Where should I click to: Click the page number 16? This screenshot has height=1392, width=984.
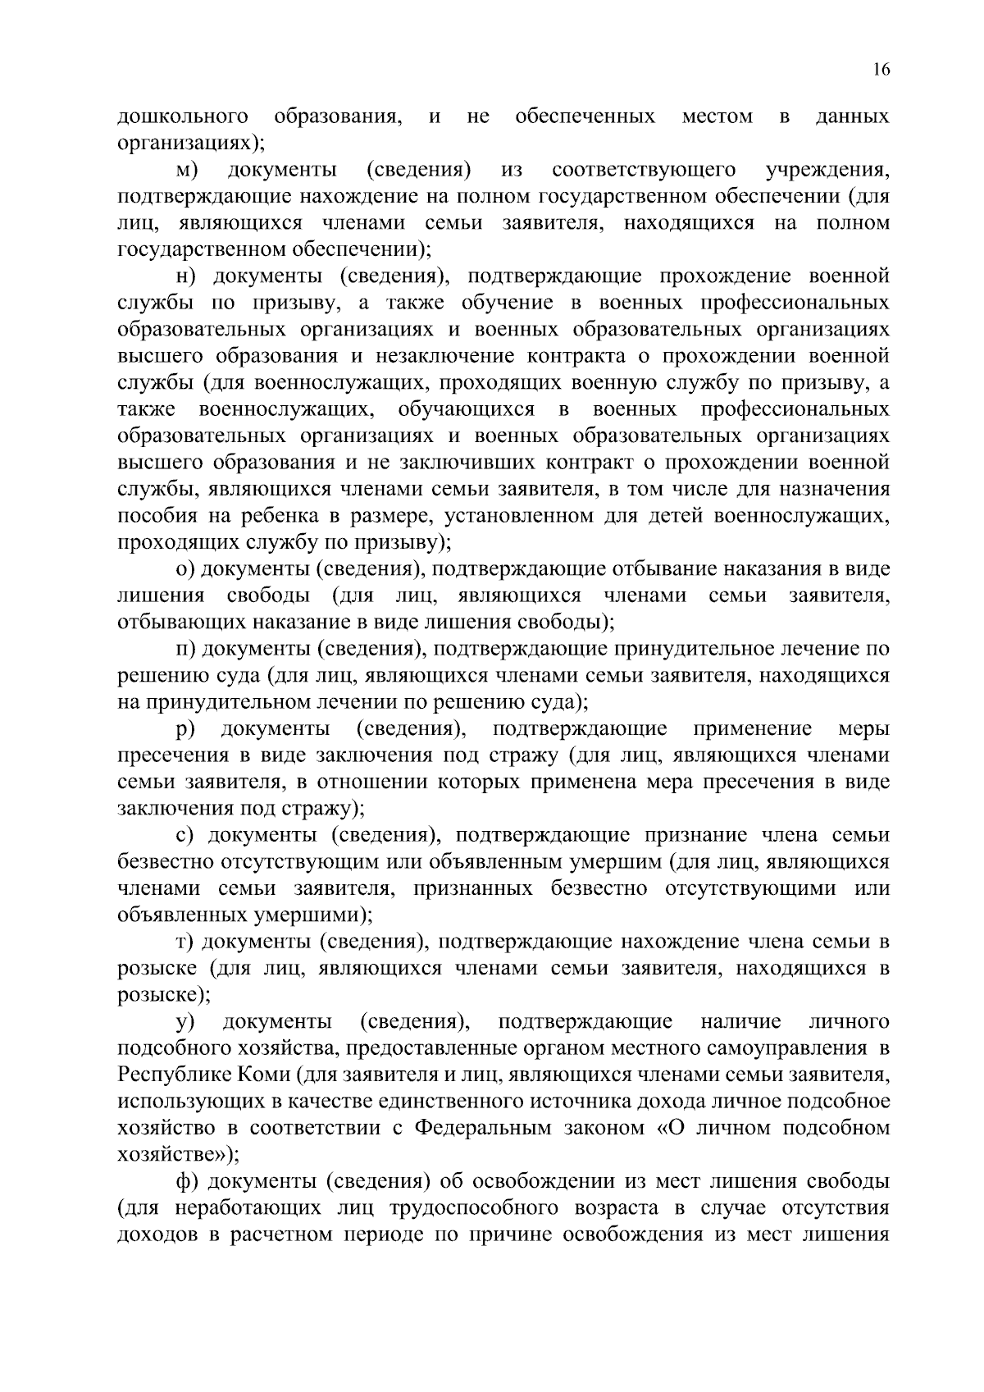pos(881,70)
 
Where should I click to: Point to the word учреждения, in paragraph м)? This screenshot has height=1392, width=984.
pos(827,171)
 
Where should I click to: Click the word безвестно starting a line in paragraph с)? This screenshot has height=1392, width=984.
pos(166,862)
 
